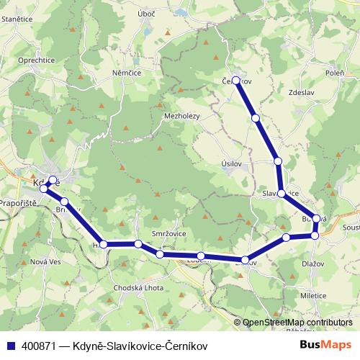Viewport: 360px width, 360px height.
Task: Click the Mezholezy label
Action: tap(181, 115)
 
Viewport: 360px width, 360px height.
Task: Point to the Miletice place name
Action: tap(314, 296)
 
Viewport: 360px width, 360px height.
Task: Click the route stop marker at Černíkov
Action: tap(236, 81)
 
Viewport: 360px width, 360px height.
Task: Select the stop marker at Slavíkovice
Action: tap(282, 194)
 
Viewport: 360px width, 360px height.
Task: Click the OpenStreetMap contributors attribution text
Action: tap(297, 323)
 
